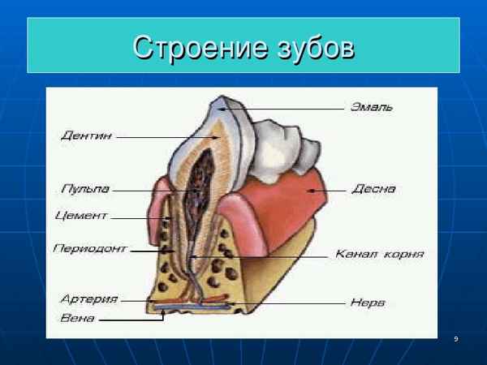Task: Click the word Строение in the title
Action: [x=200, y=47]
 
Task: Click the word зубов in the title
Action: [x=316, y=48]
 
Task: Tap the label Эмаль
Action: [x=372, y=107]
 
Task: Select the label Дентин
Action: [x=86, y=135]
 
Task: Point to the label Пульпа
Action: [x=85, y=189]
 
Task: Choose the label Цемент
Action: [x=81, y=216]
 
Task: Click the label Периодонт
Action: [x=90, y=248]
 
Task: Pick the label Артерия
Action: [x=89, y=298]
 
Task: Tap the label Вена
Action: [x=77, y=318]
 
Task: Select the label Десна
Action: [x=373, y=189]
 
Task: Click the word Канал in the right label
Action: [x=356, y=254]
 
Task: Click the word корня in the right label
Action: [x=403, y=254]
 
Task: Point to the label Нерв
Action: [x=368, y=303]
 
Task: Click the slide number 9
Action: [x=456, y=339]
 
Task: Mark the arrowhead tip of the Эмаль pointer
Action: [x=218, y=109]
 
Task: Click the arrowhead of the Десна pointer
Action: [x=308, y=191]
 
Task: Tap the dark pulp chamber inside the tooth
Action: [x=200, y=187]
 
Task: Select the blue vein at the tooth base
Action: [x=192, y=307]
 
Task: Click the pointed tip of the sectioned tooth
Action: [x=221, y=97]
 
